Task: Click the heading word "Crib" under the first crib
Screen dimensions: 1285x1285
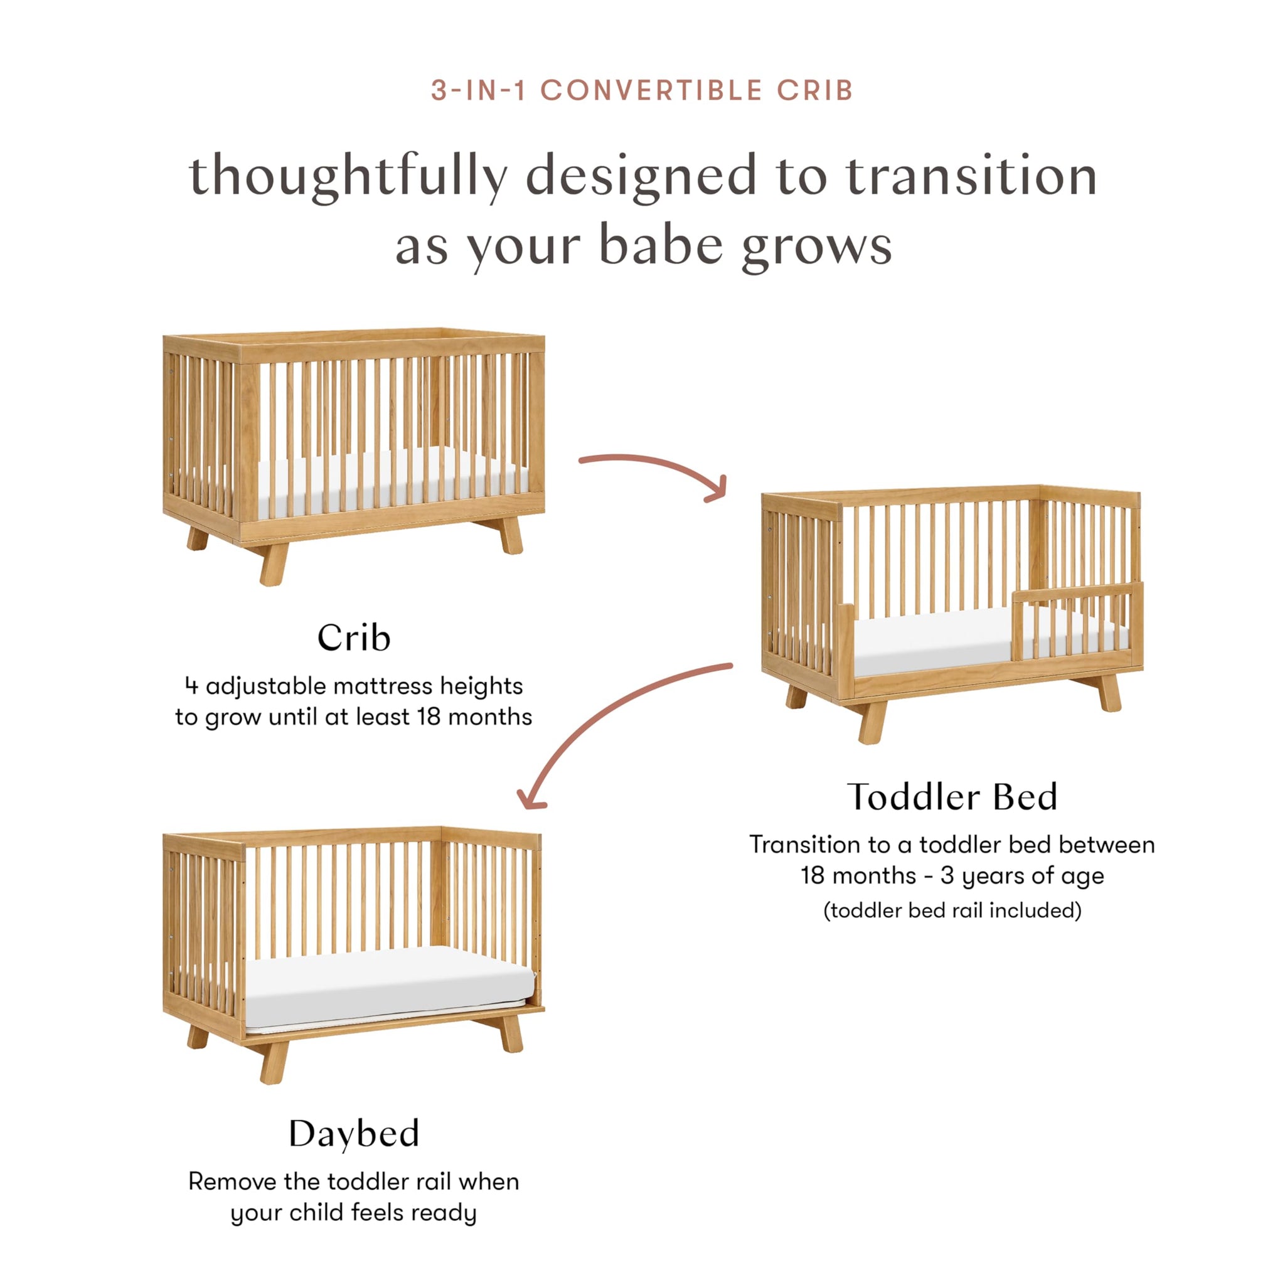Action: (x=353, y=638)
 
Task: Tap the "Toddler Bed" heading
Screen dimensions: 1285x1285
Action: (x=952, y=797)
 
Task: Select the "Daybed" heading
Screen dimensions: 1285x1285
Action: (x=354, y=1133)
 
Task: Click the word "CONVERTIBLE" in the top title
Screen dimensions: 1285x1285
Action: (x=651, y=90)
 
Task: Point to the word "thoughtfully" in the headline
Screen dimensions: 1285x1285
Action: (x=348, y=176)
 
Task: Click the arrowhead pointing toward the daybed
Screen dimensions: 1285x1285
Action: (x=530, y=800)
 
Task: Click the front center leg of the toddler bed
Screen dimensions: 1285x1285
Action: (x=873, y=721)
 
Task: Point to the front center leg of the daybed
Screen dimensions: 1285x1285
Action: (x=274, y=1062)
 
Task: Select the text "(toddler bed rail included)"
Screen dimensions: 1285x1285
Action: (x=952, y=910)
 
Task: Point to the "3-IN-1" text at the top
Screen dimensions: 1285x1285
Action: (x=478, y=90)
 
